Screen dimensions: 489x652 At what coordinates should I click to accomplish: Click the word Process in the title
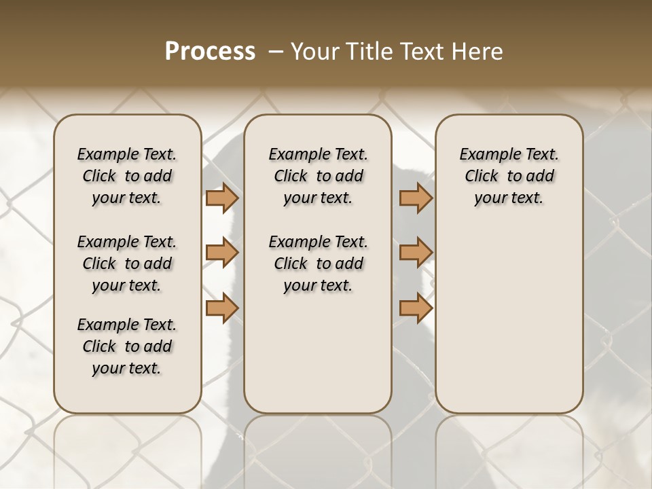click(x=210, y=51)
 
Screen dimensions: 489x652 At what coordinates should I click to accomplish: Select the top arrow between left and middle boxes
click(x=221, y=198)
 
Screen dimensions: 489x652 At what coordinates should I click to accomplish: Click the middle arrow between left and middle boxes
click(x=221, y=253)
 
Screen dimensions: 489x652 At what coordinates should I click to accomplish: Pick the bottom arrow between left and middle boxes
click(x=221, y=308)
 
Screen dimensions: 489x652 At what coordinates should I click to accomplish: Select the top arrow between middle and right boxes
click(x=415, y=198)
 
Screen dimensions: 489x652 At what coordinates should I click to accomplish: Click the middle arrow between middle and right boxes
click(x=415, y=253)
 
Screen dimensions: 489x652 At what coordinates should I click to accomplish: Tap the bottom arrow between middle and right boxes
click(x=415, y=308)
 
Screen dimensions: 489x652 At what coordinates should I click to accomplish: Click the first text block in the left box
click(x=127, y=176)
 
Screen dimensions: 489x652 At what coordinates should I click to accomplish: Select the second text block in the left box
click(x=127, y=264)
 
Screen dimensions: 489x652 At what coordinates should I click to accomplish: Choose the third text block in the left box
click(x=127, y=346)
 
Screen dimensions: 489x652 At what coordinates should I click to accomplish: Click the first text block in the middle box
click(x=318, y=176)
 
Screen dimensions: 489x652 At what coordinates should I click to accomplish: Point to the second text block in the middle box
click(x=318, y=264)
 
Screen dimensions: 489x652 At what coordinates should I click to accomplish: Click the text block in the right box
click(x=509, y=176)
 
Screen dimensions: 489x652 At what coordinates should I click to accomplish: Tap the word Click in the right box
click(x=482, y=176)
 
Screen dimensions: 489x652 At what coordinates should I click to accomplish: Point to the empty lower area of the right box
click(x=509, y=319)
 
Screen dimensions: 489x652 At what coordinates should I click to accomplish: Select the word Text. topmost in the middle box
click(x=350, y=154)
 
